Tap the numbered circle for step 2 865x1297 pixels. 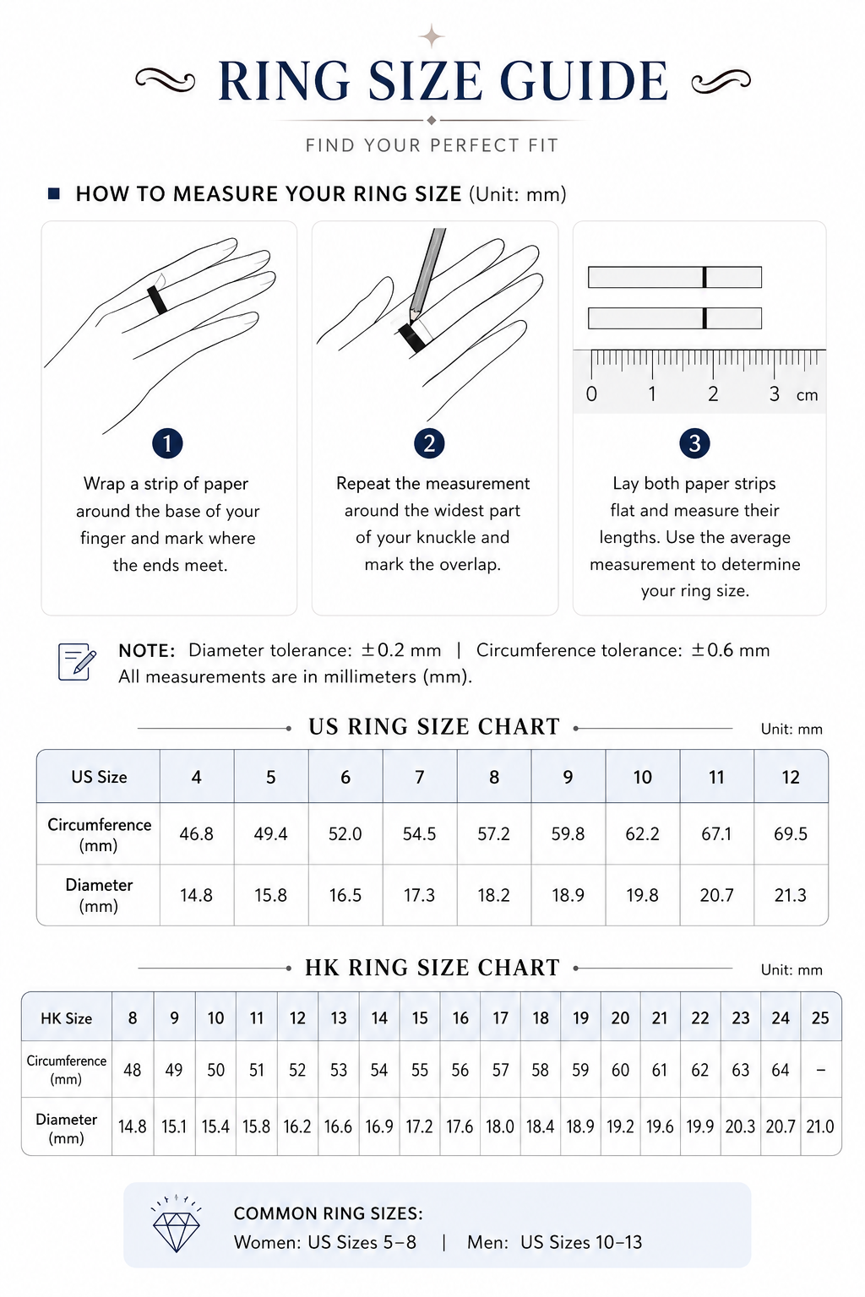[429, 443]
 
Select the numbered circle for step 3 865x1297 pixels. [694, 443]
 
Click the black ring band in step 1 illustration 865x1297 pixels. [157, 300]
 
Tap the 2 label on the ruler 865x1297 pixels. [713, 394]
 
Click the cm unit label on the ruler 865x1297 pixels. [807, 395]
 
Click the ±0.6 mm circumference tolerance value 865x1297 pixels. [730, 650]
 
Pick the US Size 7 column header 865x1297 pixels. [420, 777]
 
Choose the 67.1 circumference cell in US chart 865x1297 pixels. [716, 833]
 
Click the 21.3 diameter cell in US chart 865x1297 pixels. [791, 895]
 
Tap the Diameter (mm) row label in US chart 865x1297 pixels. [99, 895]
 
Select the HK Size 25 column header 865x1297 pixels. [820, 1018]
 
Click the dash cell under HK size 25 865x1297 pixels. [820, 1070]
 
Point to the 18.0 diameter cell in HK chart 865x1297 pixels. [500, 1126]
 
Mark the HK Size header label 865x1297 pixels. [66, 1018]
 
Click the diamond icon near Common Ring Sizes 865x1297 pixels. [177, 1224]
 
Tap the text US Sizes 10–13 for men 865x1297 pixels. [581, 1242]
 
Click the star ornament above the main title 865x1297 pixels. [432, 37]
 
